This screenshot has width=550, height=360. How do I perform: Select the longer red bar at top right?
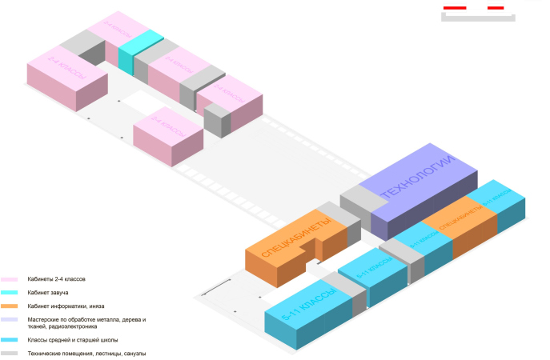[455, 8]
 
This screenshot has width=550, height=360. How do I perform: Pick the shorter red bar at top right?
[496, 8]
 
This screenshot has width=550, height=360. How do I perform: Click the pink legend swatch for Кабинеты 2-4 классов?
[10, 279]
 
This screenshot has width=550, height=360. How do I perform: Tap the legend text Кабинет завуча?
[49, 293]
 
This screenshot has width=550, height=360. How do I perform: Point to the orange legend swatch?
[10, 306]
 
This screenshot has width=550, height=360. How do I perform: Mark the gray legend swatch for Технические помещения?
[10, 354]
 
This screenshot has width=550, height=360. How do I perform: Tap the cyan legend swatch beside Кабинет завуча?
[10, 293]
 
